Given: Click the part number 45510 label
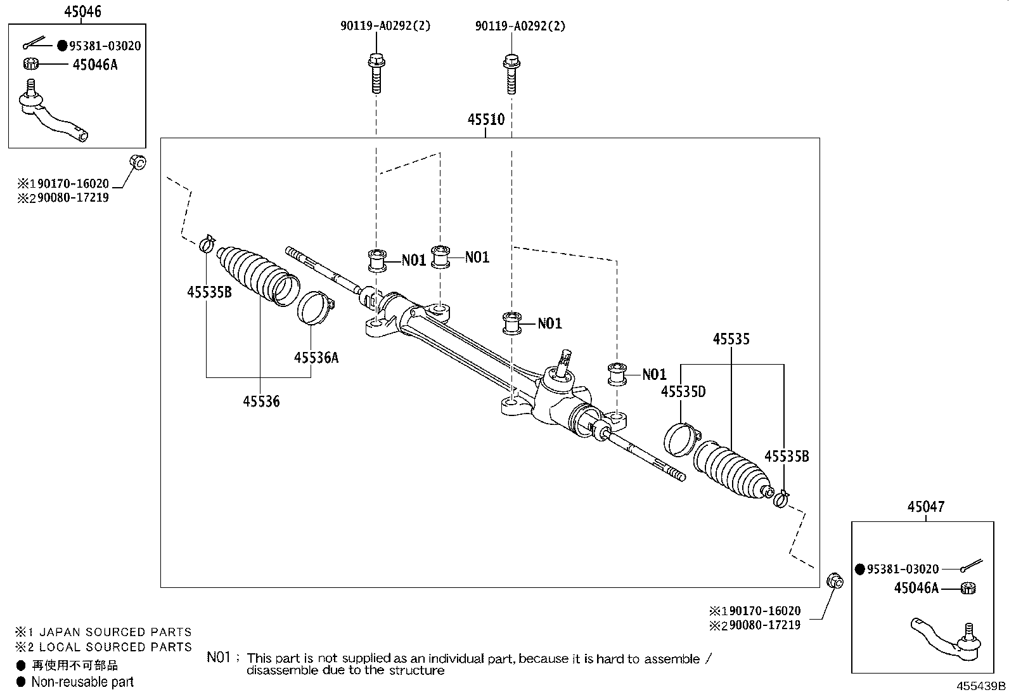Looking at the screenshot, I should click(486, 120).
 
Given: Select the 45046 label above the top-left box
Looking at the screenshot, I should click(83, 11).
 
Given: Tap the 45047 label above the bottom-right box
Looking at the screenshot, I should click(925, 507).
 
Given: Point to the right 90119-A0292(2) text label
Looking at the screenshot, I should click(520, 26).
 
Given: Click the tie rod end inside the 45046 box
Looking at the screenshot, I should click(54, 114).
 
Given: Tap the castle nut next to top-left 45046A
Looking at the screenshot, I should click(32, 63).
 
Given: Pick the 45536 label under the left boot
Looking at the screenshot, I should click(261, 401).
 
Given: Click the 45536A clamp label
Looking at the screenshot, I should click(316, 358).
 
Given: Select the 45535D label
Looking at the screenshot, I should click(683, 392).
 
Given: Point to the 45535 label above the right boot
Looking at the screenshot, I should click(731, 339).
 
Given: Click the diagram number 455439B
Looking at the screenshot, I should click(980, 686).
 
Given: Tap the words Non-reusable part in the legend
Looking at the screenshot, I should click(82, 682).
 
